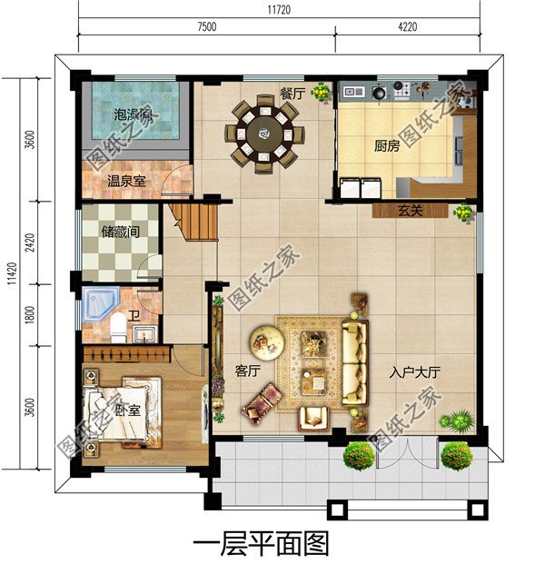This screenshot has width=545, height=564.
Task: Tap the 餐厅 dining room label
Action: (292, 93)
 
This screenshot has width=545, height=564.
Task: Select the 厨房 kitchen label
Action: (387, 144)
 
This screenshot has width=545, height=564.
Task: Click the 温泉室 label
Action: (126, 181)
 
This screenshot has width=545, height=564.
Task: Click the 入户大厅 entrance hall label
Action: (415, 371)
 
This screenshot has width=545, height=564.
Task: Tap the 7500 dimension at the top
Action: (206, 27)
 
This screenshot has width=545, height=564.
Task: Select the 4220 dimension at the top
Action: (408, 27)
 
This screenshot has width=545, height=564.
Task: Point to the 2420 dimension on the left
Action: (31, 245)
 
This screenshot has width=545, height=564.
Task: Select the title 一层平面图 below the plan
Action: (260, 543)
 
